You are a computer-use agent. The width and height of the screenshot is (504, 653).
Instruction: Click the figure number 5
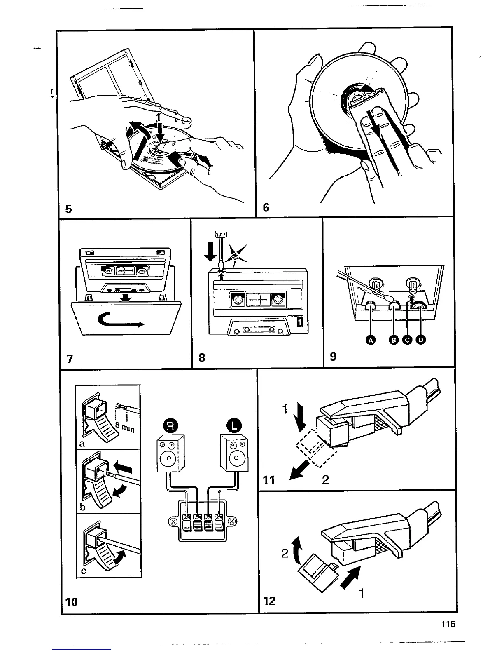[68, 209]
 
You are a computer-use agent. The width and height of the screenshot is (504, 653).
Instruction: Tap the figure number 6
[266, 207]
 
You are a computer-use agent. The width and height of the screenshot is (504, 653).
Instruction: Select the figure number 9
[333, 357]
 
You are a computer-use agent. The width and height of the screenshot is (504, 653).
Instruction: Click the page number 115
[447, 624]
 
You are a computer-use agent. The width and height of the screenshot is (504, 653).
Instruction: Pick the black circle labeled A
[371, 340]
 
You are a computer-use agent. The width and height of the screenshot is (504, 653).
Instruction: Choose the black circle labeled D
[420, 340]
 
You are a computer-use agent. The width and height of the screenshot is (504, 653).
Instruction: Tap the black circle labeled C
[407, 340]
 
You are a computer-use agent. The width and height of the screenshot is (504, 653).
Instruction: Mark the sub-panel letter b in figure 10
[82, 507]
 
